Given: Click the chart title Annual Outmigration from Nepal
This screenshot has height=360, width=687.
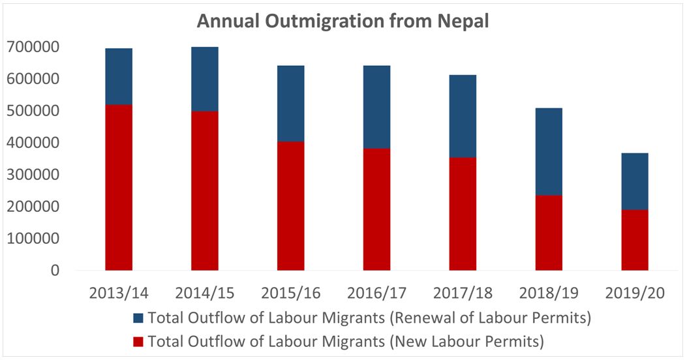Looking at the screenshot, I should (x=343, y=22).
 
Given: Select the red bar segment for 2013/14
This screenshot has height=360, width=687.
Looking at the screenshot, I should (x=119, y=187).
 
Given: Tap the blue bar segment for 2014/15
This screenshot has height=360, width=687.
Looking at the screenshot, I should (x=205, y=79).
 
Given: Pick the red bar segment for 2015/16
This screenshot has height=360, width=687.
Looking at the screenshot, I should (x=290, y=205).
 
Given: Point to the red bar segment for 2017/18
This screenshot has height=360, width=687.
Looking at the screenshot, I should (x=463, y=213).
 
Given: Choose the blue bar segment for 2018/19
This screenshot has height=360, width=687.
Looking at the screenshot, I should (x=549, y=152).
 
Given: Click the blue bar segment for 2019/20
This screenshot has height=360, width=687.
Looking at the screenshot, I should (x=635, y=181).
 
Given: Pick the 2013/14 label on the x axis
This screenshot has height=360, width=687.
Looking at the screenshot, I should (x=119, y=293).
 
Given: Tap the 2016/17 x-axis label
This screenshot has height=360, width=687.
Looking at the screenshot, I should (x=376, y=293).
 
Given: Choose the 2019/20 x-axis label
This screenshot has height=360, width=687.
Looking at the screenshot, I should (x=635, y=293).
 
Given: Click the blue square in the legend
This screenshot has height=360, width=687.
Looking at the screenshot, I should (x=137, y=318).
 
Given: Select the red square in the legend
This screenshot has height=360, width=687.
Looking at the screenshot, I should (x=137, y=340).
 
